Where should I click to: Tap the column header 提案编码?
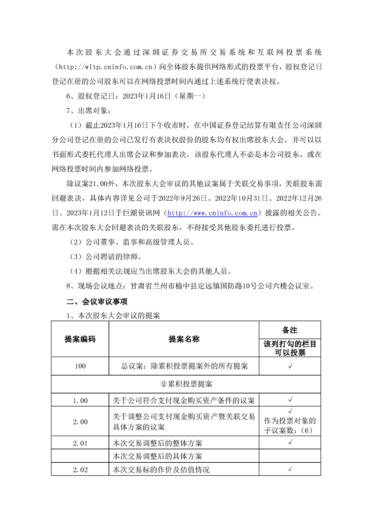click(x=80, y=339)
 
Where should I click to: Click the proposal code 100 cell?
click(x=80, y=366)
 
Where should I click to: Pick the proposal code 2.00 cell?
click(x=80, y=422)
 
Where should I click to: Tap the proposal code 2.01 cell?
click(x=80, y=443)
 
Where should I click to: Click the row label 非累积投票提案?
click(x=186, y=384)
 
